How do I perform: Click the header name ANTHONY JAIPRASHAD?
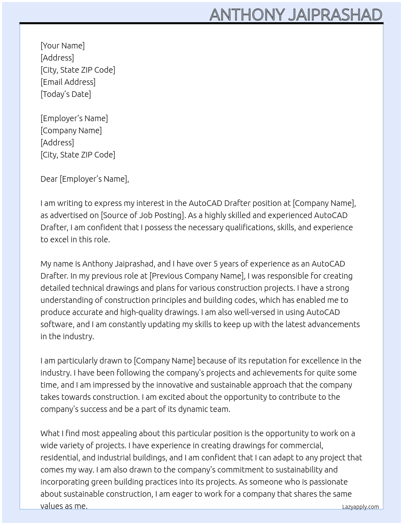pos(295,15)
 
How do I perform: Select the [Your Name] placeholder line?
pos(63,46)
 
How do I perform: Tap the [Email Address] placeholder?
pos(68,82)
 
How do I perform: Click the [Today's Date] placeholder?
pos(66,94)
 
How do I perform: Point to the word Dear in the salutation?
pos(49,179)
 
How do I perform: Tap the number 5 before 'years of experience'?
pos(216,264)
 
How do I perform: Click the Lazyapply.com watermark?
pos(361,507)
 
